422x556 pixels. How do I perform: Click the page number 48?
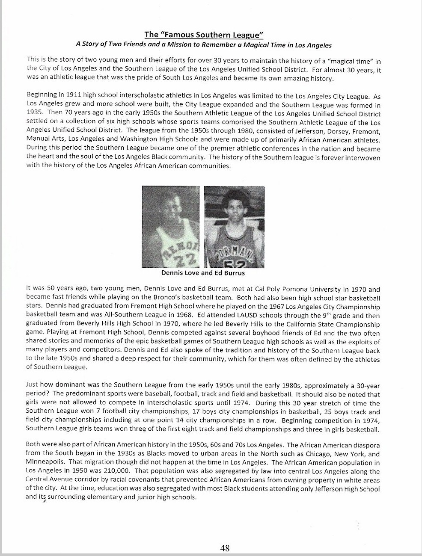(x=225, y=548)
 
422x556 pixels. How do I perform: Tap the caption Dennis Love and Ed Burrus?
(x=203, y=272)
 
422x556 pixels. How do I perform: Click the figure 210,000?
(x=104, y=471)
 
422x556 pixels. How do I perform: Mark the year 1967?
(x=281, y=306)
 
